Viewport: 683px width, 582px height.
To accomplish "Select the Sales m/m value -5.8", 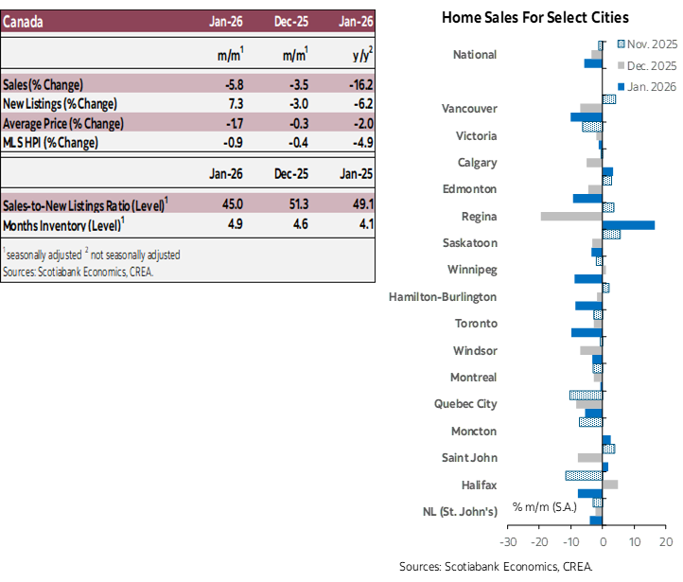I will (233, 83).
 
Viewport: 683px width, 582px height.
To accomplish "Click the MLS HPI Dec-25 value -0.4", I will (297, 143).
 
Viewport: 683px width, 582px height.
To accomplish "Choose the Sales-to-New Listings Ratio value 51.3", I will (297, 204).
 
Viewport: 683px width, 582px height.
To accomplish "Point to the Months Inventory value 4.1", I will (365, 224).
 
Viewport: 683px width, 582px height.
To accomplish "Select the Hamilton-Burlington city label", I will (443, 296).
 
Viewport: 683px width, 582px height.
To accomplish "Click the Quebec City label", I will (465, 403).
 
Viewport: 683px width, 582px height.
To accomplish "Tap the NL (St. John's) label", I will (460, 512).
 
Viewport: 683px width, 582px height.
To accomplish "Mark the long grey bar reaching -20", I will (570, 217).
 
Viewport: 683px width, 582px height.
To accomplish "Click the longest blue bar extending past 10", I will (628, 225).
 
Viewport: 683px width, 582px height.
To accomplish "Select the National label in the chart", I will (475, 55).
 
